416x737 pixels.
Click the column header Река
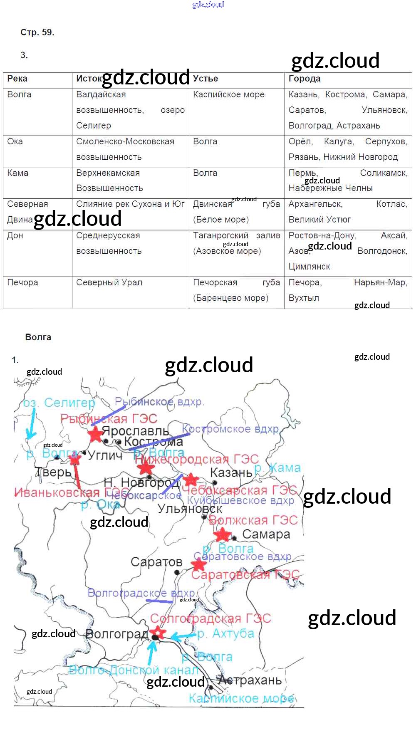click(x=17, y=79)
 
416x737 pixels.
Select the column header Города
click(x=305, y=79)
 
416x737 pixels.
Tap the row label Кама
click(x=18, y=173)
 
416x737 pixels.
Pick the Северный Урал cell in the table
click(x=109, y=282)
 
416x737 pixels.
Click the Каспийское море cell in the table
click(x=229, y=94)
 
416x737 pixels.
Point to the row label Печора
click(x=22, y=282)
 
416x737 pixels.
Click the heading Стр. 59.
click(x=37, y=32)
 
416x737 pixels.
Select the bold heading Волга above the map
click(x=38, y=337)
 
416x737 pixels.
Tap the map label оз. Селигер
click(x=59, y=403)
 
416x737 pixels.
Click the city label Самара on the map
click(x=266, y=534)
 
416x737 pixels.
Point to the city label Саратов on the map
click(x=156, y=562)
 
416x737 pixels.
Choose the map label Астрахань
click(x=250, y=680)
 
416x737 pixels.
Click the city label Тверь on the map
click(x=54, y=472)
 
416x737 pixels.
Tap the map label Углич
click(x=105, y=455)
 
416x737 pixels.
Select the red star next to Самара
click(x=223, y=534)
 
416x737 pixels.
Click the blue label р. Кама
click(x=277, y=468)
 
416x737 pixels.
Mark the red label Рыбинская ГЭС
click(x=109, y=418)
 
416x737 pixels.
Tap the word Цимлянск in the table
click(x=310, y=267)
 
